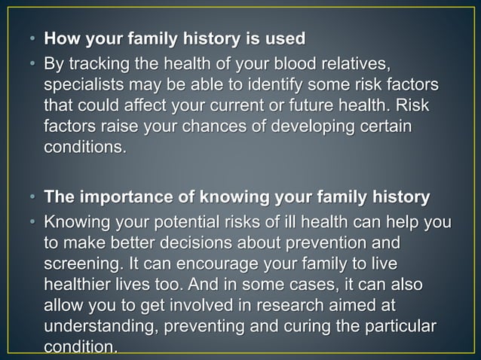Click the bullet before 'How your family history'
click(32, 38)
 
